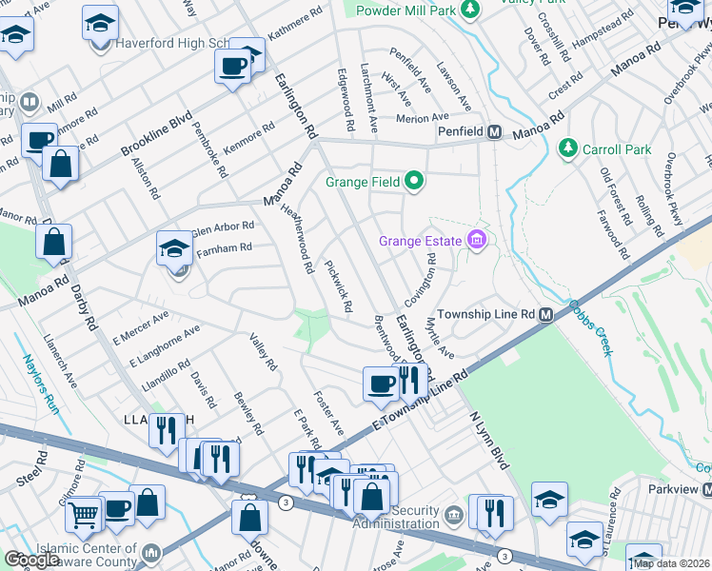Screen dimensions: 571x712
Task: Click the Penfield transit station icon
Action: pyautogui.click(x=495, y=132)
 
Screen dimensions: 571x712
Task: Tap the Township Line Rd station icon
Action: pyautogui.click(x=546, y=315)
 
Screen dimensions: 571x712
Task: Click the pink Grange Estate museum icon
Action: pyautogui.click(x=476, y=242)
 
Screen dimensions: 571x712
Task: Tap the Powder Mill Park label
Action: pyautogui.click(x=405, y=10)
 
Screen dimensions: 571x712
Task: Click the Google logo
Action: pyautogui.click(x=31, y=560)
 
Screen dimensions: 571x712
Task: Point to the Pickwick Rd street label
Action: pyautogui.click(x=339, y=286)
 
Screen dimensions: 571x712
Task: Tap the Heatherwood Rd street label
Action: pyautogui.click(x=298, y=242)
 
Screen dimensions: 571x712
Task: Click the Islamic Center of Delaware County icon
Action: pyautogui.click(x=150, y=552)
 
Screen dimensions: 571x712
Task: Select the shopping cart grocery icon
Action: pyautogui.click(x=85, y=514)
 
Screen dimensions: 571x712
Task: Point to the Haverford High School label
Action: pyautogui.click(x=171, y=44)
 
